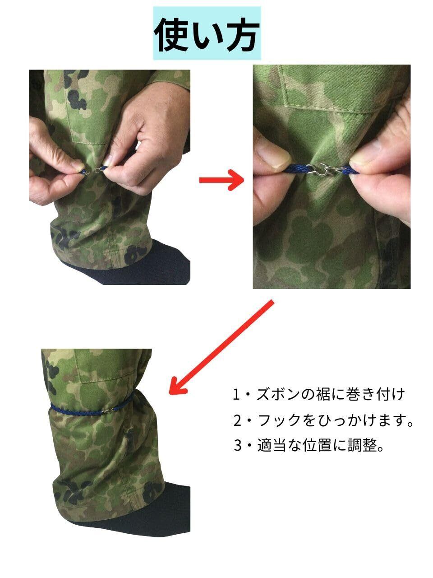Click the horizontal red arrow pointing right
click(221, 180)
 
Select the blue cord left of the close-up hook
click(296, 169)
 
